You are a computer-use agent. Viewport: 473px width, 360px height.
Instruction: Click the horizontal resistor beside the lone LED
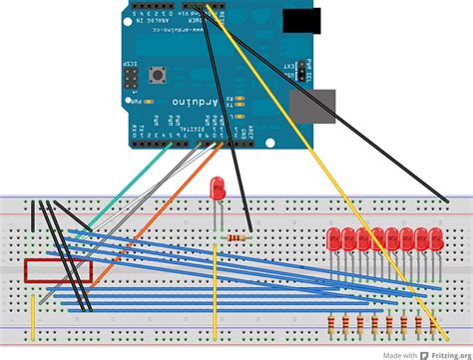click(x=236, y=238)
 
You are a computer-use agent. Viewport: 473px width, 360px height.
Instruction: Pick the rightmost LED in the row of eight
click(x=435, y=239)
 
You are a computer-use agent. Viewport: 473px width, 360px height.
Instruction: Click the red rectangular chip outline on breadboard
click(x=58, y=271)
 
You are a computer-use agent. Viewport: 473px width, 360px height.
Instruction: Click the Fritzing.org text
click(x=450, y=353)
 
